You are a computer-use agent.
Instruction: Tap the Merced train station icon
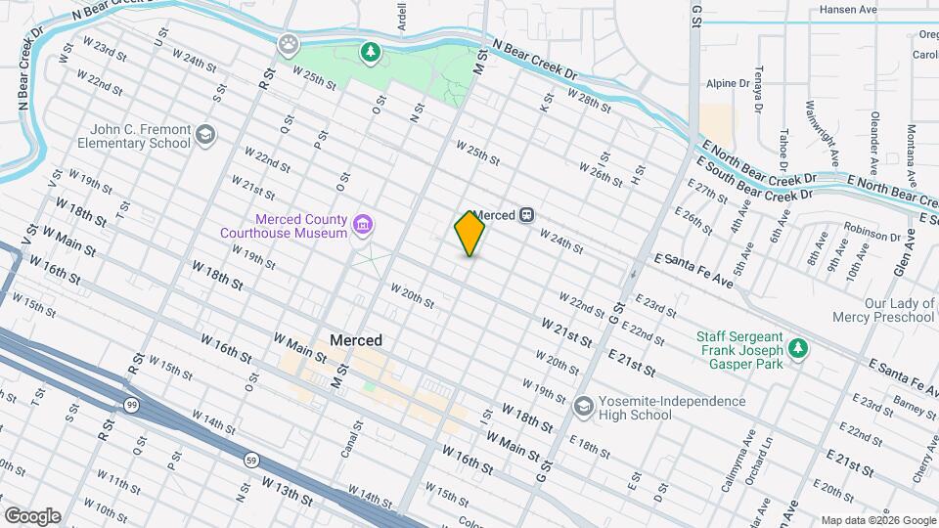(527, 215)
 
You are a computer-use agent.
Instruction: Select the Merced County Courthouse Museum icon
(363, 227)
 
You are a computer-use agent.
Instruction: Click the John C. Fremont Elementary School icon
(204, 135)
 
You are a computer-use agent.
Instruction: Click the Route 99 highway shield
(131, 403)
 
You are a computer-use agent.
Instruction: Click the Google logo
(31, 516)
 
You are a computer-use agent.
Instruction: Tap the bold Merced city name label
(356, 340)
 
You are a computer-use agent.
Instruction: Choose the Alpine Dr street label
(727, 84)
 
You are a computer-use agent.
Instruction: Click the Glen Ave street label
(912, 244)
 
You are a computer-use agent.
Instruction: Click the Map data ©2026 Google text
(876, 519)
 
